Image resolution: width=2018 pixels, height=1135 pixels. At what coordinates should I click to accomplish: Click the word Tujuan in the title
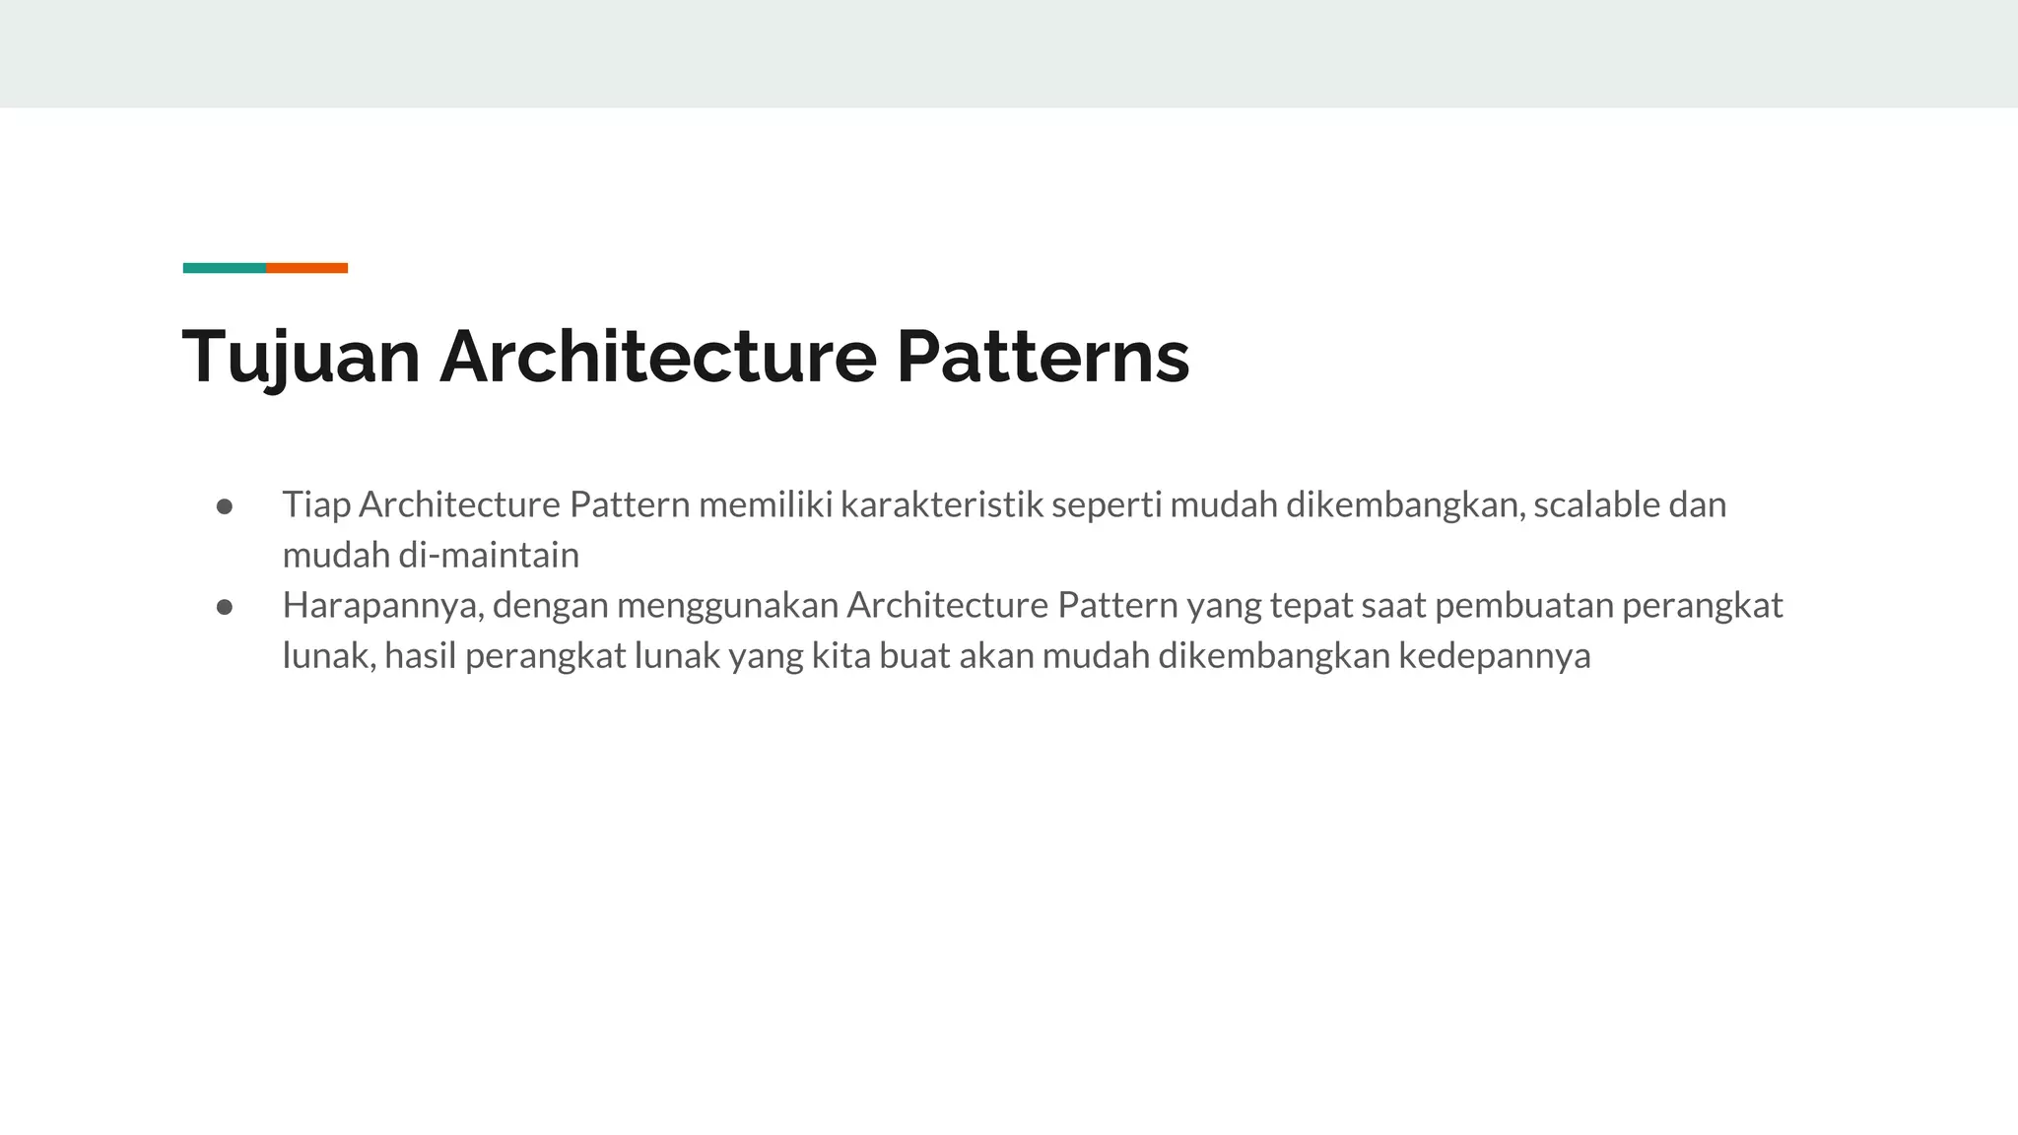click(301, 357)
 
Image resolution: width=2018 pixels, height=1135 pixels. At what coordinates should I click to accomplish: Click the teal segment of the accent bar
click(225, 268)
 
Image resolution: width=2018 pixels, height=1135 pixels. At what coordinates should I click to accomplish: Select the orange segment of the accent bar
click(306, 268)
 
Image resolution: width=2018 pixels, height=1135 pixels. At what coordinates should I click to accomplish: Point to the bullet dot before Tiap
click(225, 506)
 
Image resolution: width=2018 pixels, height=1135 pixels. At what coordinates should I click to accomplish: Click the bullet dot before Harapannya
click(225, 607)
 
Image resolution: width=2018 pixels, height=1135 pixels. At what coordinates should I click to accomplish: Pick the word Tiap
click(316, 505)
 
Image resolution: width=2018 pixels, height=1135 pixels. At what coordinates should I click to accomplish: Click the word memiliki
click(765, 505)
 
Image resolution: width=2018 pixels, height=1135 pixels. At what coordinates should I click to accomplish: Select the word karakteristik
click(941, 505)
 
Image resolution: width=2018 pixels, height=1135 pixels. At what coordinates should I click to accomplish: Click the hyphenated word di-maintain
click(489, 556)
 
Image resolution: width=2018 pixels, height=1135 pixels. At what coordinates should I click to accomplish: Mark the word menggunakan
click(727, 606)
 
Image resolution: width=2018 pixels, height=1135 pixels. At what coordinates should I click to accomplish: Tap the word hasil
click(421, 656)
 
